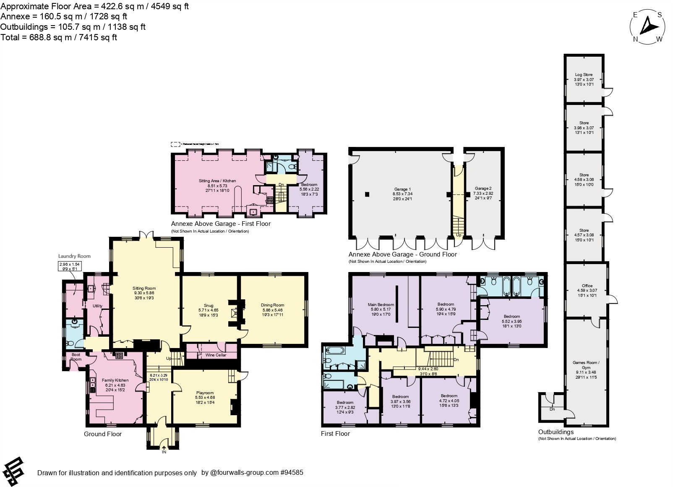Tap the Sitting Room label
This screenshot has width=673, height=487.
pos(144,288)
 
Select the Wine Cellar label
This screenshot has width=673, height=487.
pos(216,355)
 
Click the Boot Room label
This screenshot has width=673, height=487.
pos(76,357)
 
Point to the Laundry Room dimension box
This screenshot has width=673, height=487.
pos(69,267)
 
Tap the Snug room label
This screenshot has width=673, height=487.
pos(209,306)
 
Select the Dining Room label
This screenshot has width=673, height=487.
pos(272,305)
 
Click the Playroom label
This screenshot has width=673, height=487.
pos(204,393)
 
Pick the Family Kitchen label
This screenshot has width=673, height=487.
pos(115,380)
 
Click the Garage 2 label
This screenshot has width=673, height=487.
pos(483,189)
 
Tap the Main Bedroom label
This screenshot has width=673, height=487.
pos(381,305)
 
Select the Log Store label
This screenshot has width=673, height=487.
pos(584,75)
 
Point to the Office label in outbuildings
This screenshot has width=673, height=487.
pos(587,286)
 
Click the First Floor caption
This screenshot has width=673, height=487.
pos(335,434)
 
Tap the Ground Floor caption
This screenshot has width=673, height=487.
pos(103,434)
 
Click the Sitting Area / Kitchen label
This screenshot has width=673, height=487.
pos(217,181)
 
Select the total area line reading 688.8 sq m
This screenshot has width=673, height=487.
pos(59,37)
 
